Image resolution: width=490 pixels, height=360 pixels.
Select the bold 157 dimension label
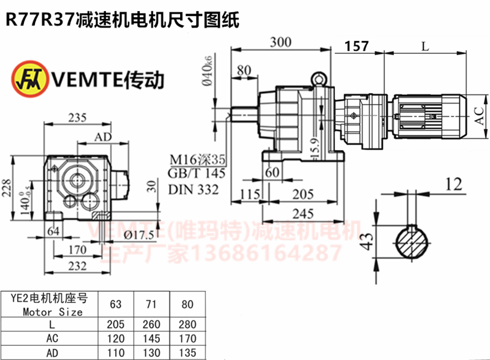[356, 46]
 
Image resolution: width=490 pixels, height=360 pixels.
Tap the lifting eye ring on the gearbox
[319, 79]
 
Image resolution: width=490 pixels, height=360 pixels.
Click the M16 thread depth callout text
[198, 160]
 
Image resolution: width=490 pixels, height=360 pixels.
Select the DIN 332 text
[193, 190]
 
